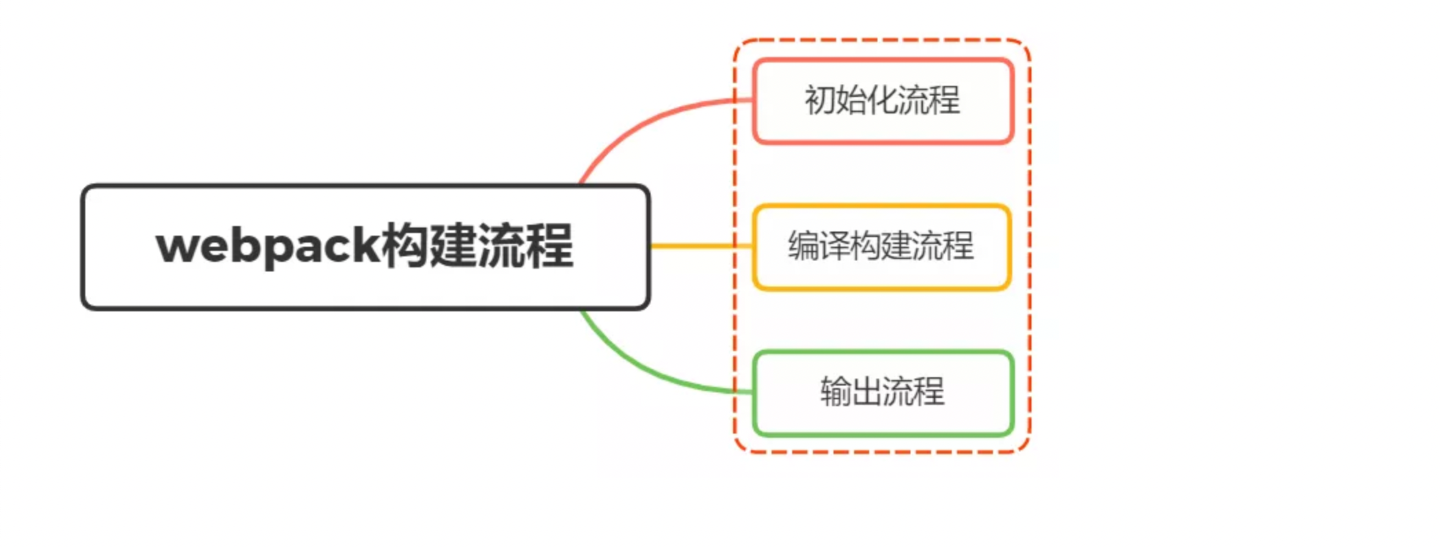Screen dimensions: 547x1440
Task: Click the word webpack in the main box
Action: click(x=268, y=246)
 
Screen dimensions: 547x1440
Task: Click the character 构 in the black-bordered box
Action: click(x=404, y=245)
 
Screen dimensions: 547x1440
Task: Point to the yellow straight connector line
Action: click(x=695, y=245)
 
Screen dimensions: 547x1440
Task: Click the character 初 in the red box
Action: click(x=820, y=100)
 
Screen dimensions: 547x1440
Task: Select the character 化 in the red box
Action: click(x=882, y=100)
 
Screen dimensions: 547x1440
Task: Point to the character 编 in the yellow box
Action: click(x=803, y=246)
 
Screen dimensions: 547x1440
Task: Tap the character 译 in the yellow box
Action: click(x=834, y=246)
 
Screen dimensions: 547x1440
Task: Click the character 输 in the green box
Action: click(x=836, y=392)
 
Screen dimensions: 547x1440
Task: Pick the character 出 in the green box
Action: click(x=867, y=392)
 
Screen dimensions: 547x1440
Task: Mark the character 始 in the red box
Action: click(x=851, y=100)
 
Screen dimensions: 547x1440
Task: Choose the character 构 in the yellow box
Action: click(x=865, y=246)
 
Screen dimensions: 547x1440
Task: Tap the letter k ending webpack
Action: click(x=364, y=245)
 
